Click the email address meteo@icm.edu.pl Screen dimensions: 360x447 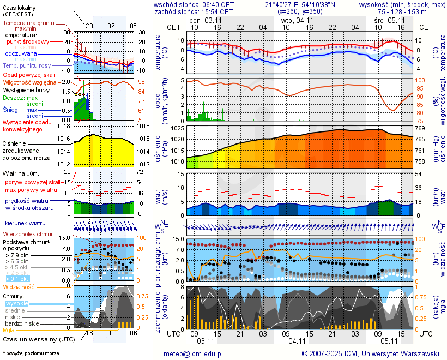[194, 353]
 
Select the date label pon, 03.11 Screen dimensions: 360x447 [205, 20]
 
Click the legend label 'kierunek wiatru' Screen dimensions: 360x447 [25, 224]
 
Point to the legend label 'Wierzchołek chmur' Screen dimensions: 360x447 [27, 233]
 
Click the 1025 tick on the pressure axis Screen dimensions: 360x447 [177, 128]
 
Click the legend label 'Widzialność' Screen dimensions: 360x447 [19, 286]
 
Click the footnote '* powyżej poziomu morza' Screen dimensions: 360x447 [31, 353]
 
